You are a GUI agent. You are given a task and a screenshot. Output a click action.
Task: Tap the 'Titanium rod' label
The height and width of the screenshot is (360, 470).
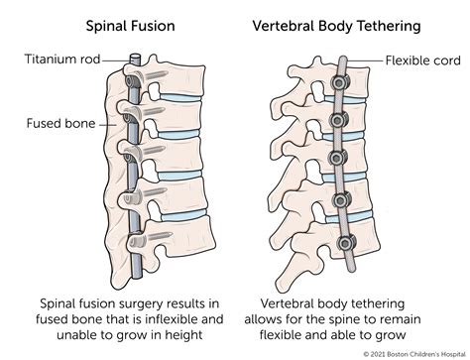(59, 60)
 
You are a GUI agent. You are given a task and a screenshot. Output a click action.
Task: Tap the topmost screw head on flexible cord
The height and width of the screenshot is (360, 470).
(339, 88)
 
